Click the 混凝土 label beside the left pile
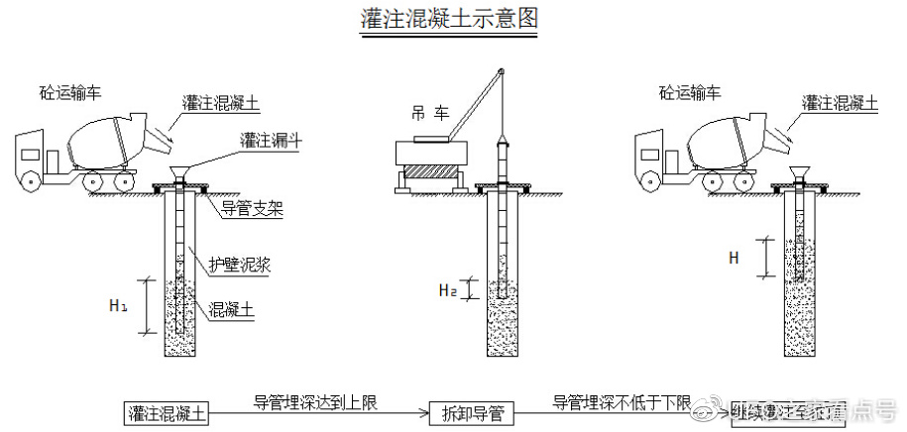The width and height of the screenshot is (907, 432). click(x=233, y=309)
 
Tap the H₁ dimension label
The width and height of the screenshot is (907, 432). click(x=118, y=306)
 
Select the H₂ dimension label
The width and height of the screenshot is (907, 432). click(x=449, y=290)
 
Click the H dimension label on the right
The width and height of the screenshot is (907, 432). click(x=734, y=258)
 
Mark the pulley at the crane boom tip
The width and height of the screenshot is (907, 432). click(x=503, y=72)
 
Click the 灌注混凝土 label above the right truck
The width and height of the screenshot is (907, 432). click(x=840, y=102)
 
